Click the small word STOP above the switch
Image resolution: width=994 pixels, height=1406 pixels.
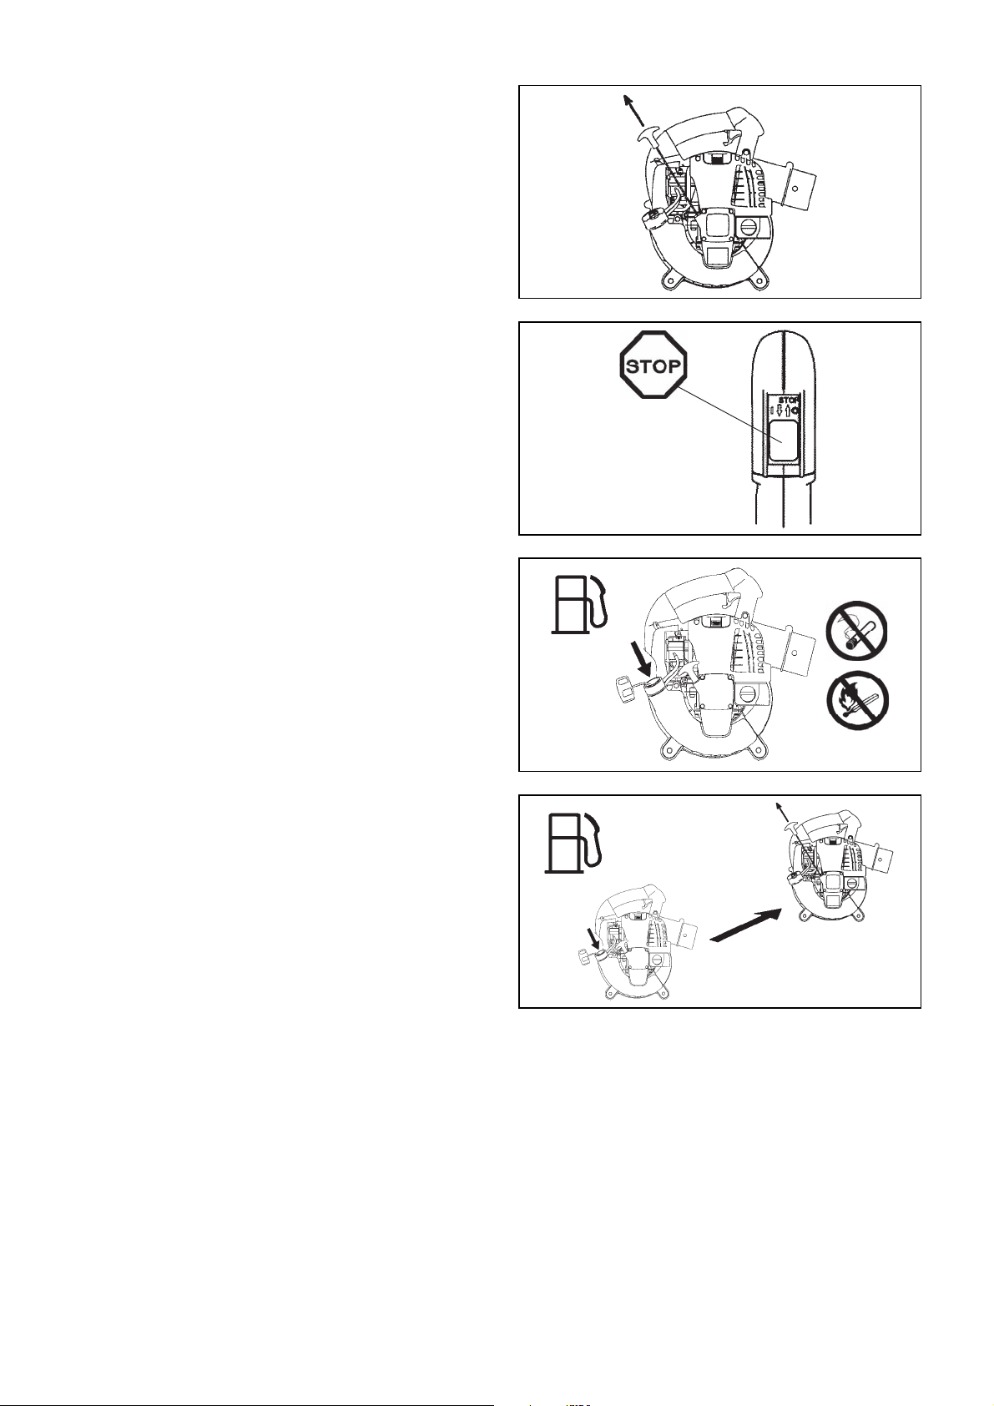[x=789, y=399]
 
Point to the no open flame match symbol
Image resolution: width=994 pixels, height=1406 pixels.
[x=857, y=700]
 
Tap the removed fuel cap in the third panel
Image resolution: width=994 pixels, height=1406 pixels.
[x=623, y=688]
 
